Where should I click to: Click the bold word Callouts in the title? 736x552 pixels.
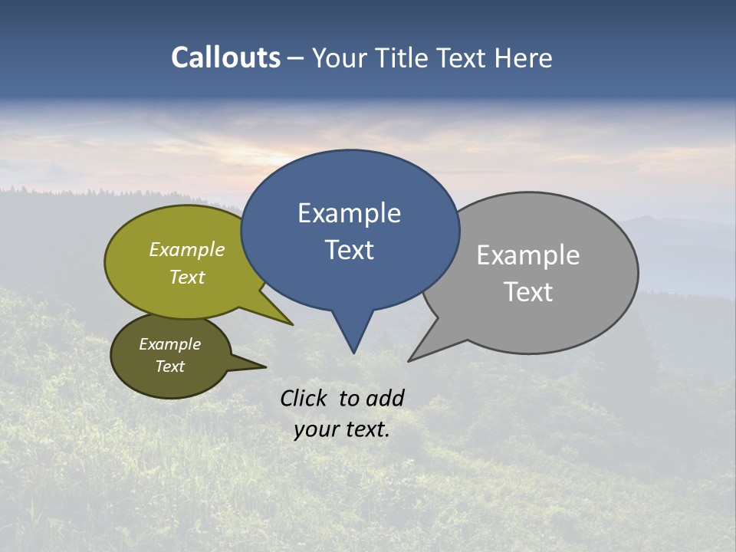[225, 58]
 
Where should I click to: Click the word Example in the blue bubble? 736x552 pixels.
[349, 213]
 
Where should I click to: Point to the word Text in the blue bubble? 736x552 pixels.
[349, 250]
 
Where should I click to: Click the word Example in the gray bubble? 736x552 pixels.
[527, 255]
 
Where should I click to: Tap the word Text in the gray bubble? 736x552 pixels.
[527, 292]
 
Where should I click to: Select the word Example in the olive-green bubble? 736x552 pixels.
[186, 249]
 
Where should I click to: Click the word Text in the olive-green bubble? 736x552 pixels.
[186, 277]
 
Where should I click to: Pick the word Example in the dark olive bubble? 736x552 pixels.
[169, 344]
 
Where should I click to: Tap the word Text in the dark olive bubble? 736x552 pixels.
[169, 366]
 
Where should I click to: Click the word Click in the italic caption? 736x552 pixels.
[303, 398]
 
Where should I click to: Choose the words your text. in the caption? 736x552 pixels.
[341, 429]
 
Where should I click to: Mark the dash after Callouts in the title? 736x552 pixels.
[296, 58]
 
